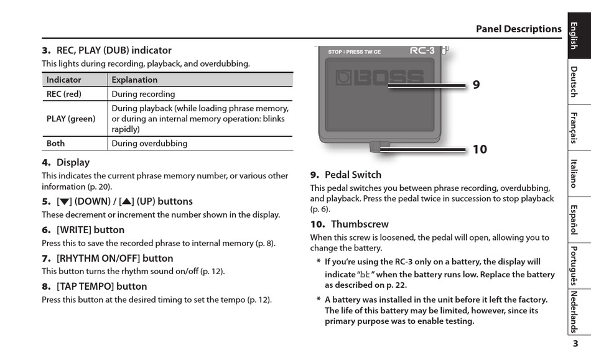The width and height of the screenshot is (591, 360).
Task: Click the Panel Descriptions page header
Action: pyautogui.click(x=518, y=29)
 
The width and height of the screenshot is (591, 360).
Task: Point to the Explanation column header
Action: pyautogui.click(x=134, y=80)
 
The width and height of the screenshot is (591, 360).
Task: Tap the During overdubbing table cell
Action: pyautogui.click(x=149, y=143)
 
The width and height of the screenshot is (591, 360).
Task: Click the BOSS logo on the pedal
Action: pyautogui.click(x=379, y=78)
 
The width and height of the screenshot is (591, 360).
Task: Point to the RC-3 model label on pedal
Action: pyautogui.click(x=422, y=50)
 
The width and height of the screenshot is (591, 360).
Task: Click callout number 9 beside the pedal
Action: pyautogui.click(x=476, y=85)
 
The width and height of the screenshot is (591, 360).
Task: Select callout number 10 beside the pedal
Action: pyautogui.click(x=479, y=149)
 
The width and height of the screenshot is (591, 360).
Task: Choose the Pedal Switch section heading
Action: pyautogui.click(x=353, y=175)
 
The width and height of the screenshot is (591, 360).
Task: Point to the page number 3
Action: pyautogui.click(x=575, y=344)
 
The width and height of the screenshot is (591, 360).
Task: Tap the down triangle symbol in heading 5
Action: pyautogui.click(x=63, y=201)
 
